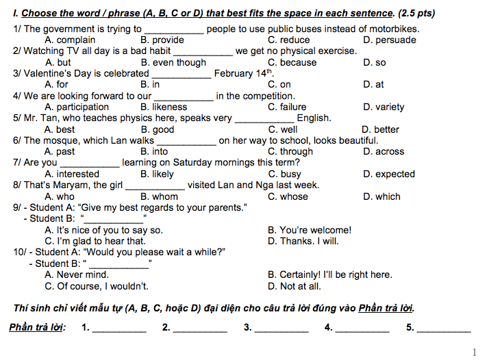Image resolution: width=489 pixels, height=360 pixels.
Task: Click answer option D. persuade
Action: click(390, 40)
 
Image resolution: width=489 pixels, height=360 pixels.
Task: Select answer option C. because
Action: click(292, 62)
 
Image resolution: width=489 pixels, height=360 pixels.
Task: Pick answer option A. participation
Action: click(77, 107)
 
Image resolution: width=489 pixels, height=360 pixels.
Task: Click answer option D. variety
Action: click(384, 107)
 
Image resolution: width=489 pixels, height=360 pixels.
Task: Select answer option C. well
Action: click(283, 129)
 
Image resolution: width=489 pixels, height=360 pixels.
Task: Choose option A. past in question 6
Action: click(60, 152)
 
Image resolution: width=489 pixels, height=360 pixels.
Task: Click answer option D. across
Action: click(384, 152)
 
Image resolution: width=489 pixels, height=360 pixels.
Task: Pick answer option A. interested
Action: click(72, 174)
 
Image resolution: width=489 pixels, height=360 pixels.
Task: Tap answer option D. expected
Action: click(389, 174)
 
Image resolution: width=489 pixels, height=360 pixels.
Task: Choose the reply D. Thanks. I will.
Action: click(303, 241)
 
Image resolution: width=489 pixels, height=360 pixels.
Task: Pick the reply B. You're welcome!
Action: click(310, 230)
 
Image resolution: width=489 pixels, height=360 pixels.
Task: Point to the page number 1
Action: click(475, 352)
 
